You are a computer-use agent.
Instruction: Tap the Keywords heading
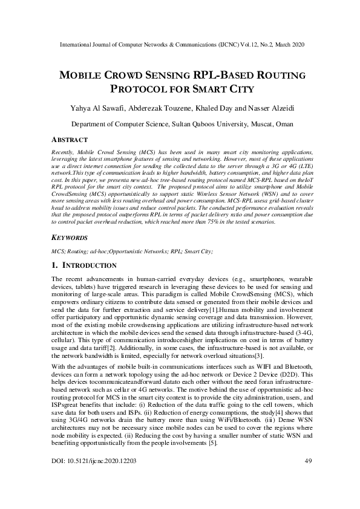(68, 255)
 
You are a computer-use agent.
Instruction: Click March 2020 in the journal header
(287, 45)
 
